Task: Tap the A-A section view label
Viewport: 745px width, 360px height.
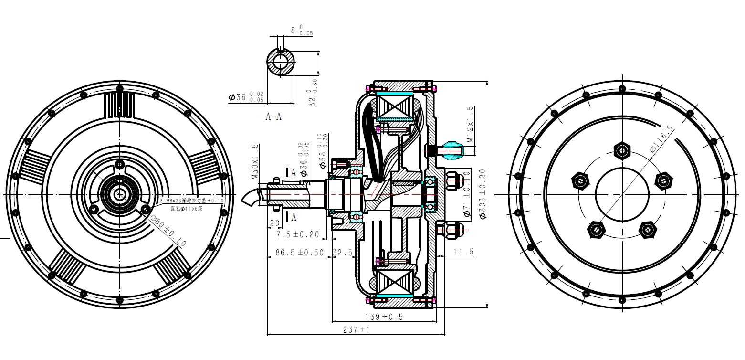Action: tap(273, 117)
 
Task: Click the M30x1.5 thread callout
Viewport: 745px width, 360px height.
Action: tap(255, 161)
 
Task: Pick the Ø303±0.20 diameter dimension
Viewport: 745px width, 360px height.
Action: tap(482, 194)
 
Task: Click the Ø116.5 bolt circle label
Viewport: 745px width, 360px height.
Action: tap(661, 139)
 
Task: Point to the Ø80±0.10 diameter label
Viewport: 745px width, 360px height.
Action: tap(168, 231)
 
